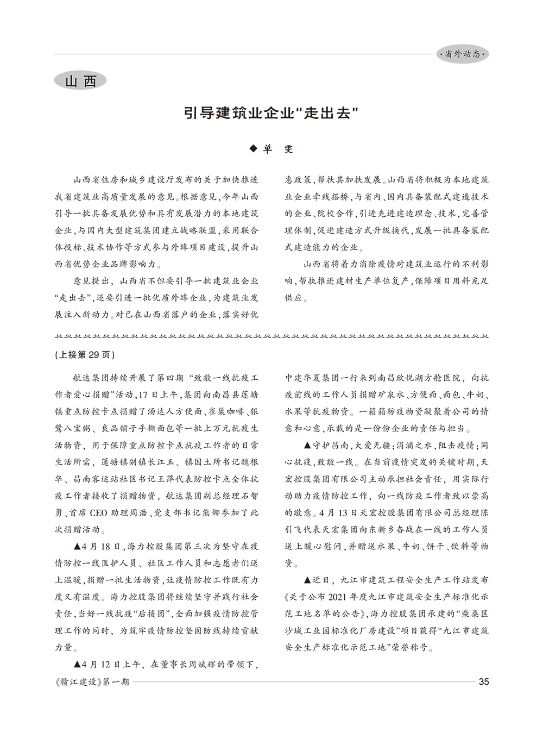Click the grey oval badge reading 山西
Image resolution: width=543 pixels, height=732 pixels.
[x=80, y=81]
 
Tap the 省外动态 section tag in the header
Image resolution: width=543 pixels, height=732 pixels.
[x=462, y=54]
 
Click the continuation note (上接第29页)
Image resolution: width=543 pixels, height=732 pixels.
[x=84, y=355]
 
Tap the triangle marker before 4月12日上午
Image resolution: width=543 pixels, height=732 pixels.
[x=77, y=665]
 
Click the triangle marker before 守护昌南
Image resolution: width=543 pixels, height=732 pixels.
[x=308, y=446]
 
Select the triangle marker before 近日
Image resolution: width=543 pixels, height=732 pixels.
[x=308, y=580]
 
